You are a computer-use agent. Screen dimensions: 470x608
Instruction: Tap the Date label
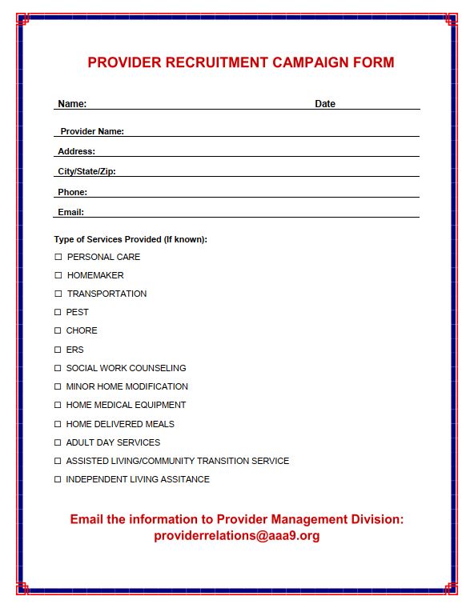(325, 104)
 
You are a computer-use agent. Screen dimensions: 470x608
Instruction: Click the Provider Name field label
(92, 131)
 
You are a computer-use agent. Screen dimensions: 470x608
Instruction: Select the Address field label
(76, 151)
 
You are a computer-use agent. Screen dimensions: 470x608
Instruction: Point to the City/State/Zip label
(86, 171)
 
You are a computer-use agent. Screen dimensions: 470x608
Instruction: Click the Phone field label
(72, 192)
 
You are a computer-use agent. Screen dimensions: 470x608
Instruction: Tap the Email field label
(70, 212)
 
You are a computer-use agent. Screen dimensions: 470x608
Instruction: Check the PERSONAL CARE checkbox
(58, 257)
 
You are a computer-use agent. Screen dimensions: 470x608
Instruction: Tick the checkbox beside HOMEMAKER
(58, 275)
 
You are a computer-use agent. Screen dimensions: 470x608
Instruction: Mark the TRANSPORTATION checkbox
(58, 294)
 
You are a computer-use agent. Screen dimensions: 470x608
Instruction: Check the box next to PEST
(58, 312)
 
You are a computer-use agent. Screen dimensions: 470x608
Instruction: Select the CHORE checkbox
(58, 330)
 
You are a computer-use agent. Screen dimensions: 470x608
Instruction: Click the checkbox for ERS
(58, 350)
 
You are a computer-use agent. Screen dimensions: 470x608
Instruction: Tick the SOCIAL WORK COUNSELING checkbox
(58, 368)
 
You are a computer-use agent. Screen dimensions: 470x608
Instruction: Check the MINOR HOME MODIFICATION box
(58, 386)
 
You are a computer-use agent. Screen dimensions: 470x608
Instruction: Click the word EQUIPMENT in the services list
(160, 405)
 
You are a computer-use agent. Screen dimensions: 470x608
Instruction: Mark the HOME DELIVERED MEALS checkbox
(58, 424)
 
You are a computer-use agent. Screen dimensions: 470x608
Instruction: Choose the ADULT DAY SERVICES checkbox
(58, 442)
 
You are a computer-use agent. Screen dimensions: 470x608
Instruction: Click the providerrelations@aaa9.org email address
(237, 536)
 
